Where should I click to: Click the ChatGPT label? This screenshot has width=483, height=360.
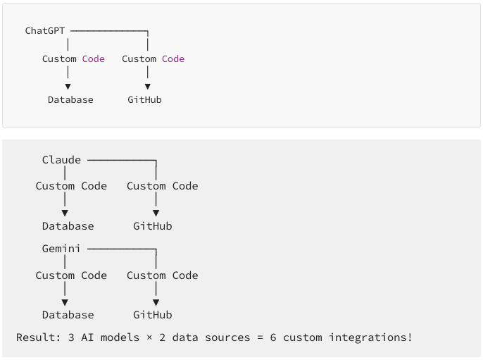pyautogui.click(x=45, y=31)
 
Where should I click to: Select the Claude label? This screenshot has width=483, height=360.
pyautogui.click(x=61, y=160)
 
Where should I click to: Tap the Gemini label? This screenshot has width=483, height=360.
pyautogui.click(x=61, y=249)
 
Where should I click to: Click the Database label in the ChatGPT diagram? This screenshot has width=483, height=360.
pyautogui.click(x=70, y=100)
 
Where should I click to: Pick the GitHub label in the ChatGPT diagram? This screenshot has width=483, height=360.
pyautogui.click(x=144, y=100)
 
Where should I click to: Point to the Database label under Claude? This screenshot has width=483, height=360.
pyautogui.click(x=68, y=226)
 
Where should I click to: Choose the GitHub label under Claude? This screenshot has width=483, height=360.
pyautogui.click(x=153, y=226)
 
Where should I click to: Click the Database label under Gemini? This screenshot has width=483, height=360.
pyautogui.click(x=68, y=315)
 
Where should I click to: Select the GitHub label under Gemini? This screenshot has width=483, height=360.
pyautogui.click(x=153, y=315)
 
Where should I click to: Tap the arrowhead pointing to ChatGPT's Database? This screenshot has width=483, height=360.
pyautogui.click(x=68, y=87)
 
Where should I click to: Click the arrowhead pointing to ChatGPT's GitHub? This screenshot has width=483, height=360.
pyautogui.click(x=147, y=87)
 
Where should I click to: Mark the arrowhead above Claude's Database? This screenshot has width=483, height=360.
pyautogui.click(x=65, y=213)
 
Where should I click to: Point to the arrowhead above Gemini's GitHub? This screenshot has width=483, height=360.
pyautogui.click(x=156, y=302)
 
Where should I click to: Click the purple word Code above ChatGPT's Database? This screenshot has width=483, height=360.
pyautogui.click(x=93, y=59)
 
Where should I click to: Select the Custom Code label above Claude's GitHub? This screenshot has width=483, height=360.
pyautogui.click(x=163, y=186)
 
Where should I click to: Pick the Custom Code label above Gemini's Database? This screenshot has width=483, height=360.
pyautogui.click(x=71, y=275)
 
